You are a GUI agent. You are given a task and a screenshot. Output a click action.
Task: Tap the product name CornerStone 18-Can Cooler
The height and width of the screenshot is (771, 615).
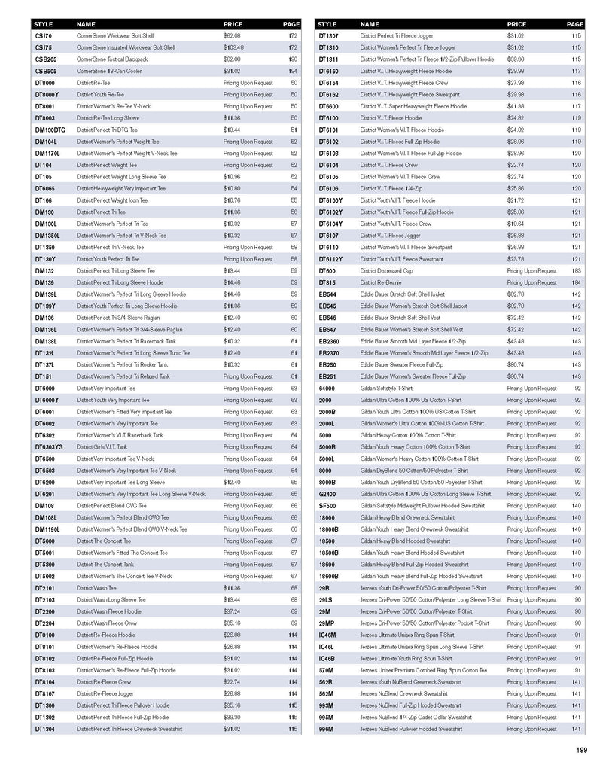tap(108, 71)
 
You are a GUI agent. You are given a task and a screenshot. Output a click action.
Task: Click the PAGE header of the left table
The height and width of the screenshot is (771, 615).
tap(291, 24)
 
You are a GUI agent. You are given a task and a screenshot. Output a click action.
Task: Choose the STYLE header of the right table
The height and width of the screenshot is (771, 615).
tap(327, 24)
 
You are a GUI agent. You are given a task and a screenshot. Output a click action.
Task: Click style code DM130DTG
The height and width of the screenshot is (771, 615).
tap(50, 130)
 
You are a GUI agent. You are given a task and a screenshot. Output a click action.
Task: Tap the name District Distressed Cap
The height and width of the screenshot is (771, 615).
tap(386, 270)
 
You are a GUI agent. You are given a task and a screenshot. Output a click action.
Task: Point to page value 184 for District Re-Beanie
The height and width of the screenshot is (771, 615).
tap(577, 282)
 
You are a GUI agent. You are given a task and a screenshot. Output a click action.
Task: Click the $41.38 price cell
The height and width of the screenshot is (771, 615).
tap(516, 106)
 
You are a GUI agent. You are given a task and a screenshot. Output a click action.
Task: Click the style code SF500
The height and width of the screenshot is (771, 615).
tap(327, 506)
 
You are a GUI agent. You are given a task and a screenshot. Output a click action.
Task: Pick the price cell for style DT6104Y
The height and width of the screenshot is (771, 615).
tap(516, 224)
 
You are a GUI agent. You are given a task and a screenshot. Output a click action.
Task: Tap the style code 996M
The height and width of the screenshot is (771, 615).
tap(327, 729)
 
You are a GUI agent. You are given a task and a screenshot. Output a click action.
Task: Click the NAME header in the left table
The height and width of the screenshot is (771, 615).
tap(87, 24)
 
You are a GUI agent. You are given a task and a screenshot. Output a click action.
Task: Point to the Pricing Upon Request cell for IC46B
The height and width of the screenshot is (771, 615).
tap(531, 658)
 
